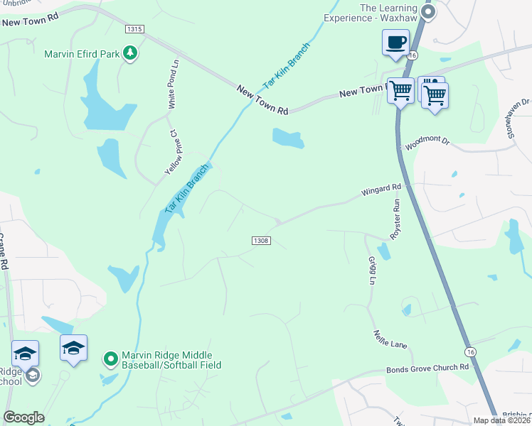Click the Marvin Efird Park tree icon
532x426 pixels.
click(130, 53)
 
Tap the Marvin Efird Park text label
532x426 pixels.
click(83, 54)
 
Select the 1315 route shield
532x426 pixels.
click(134, 29)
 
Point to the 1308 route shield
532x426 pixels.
click(260, 241)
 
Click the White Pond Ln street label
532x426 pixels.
click(174, 84)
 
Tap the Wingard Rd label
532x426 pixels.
click(381, 190)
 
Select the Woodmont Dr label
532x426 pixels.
click(427, 143)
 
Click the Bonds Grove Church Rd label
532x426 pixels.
click(428, 368)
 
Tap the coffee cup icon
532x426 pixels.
click(395, 41)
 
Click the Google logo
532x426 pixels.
click(23, 417)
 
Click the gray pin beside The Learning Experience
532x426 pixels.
click(427, 12)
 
